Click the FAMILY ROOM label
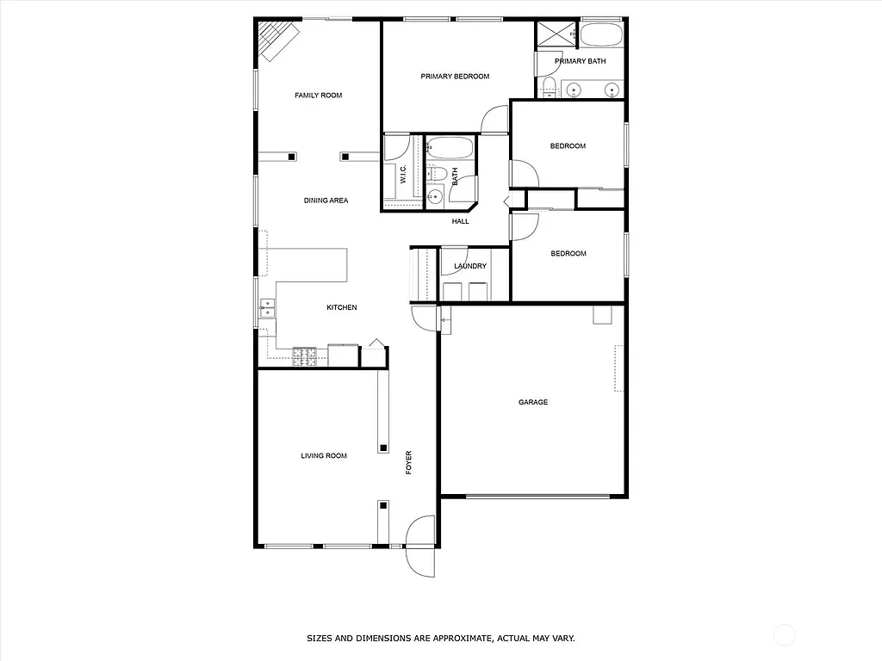click(318, 96)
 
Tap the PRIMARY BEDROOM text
click(455, 77)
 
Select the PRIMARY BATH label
click(581, 61)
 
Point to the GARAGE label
click(533, 402)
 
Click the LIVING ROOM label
click(324, 455)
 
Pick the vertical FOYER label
click(409, 463)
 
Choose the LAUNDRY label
click(470, 266)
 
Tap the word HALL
click(461, 221)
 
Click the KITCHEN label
click(341, 307)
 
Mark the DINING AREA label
click(326, 201)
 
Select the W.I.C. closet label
click(403, 176)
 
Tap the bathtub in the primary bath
click(600, 36)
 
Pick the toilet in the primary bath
click(549, 85)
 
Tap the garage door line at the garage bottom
click(538, 496)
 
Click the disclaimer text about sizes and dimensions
click(441, 639)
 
